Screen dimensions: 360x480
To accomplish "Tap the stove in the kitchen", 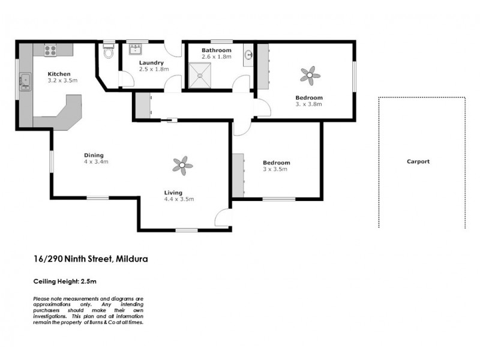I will click(x=49, y=52).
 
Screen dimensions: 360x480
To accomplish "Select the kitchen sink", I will click(x=26, y=80).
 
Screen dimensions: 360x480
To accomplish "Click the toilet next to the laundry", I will click(x=109, y=53).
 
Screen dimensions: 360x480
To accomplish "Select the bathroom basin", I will click(x=248, y=56).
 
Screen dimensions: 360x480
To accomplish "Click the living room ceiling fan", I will click(x=182, y=165).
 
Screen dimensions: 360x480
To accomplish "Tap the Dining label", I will click(x=94, y=155).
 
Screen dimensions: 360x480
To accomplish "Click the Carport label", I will click(x=418, y=161).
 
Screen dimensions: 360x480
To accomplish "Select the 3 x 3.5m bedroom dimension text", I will click(x=276, y=169).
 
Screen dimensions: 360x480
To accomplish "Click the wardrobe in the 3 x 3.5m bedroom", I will click(x=239, y=175).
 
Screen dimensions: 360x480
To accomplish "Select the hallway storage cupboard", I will click(x=143, y=106).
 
